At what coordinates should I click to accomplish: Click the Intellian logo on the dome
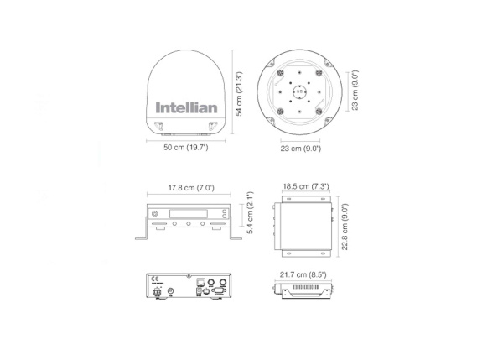pyautogui.click(x=186, y=107)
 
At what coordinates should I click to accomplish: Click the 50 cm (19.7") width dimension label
pyautogui.click(x=186, y=148)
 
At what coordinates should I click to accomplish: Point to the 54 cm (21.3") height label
pyautogui.click(x=240, y=95)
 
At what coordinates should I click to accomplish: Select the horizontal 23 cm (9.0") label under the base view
pyautogui.click(x=300, y=148)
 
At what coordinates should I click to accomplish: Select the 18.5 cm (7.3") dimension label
pyautogui.click(x=309, y=186)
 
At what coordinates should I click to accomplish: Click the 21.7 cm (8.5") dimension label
pyautogui.click(x=309, y=273)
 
